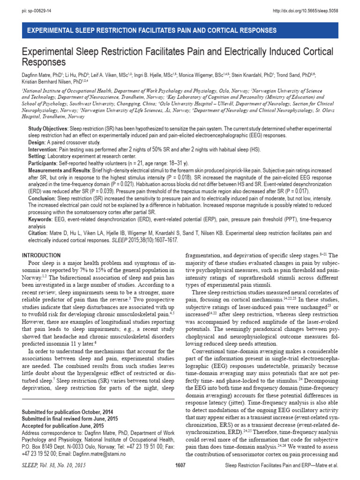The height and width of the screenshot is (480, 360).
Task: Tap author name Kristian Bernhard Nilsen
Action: click(x=49, y=81)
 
